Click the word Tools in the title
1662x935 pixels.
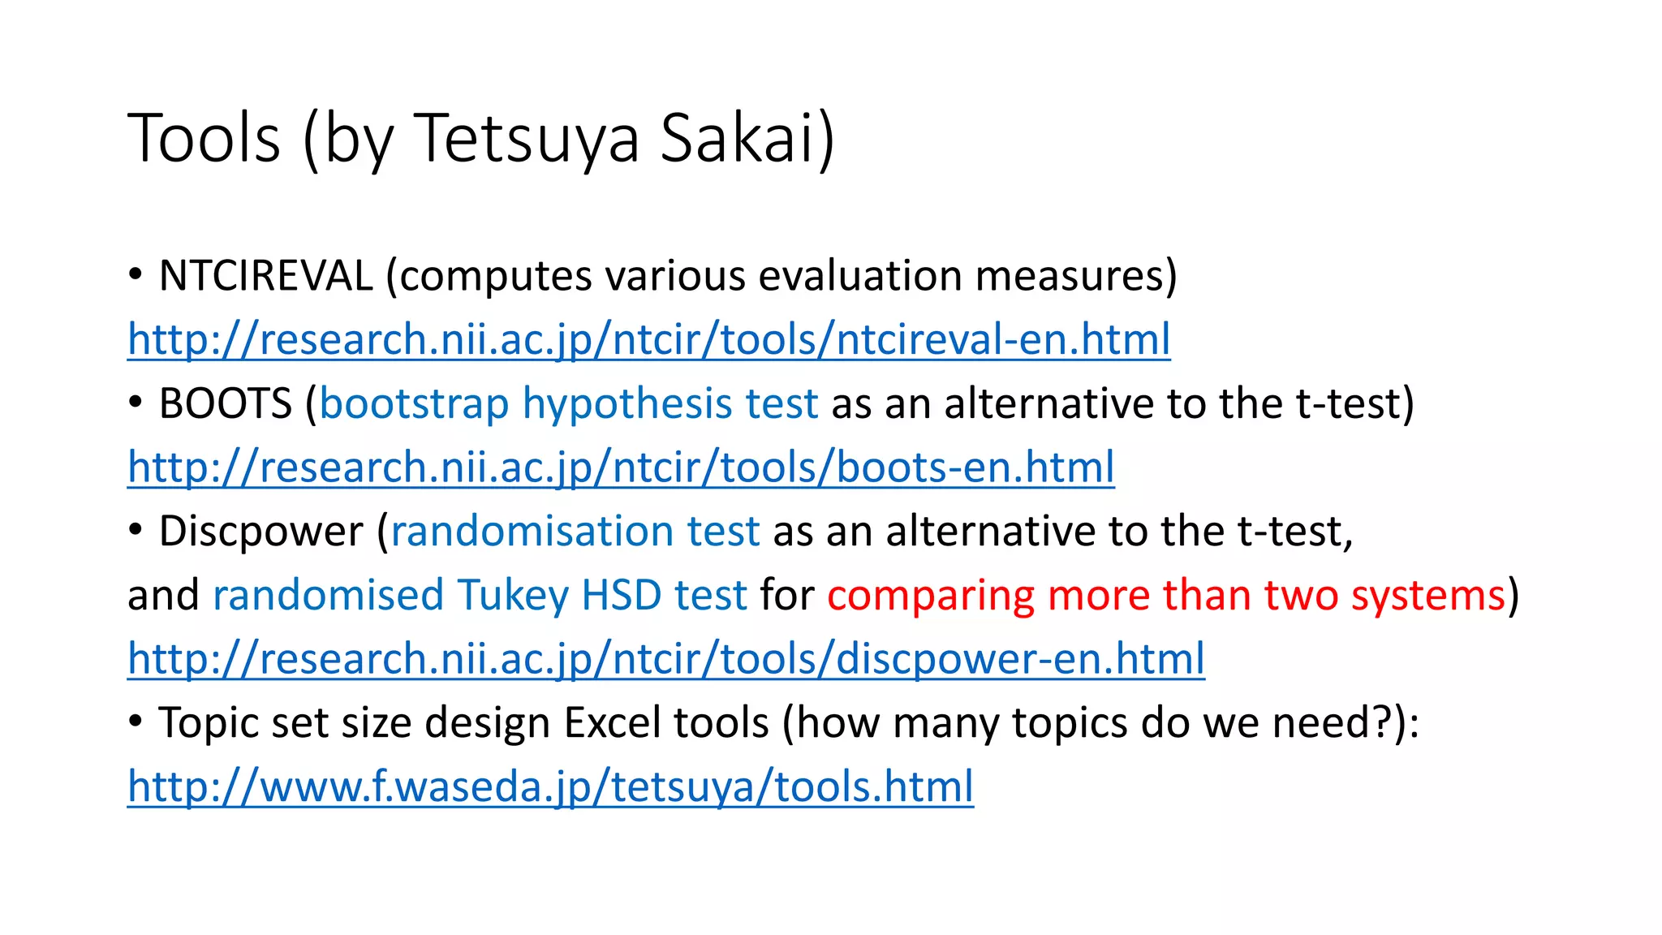204,138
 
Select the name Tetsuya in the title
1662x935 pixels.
527,138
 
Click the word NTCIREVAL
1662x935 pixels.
265,276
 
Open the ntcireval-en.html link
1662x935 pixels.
648,339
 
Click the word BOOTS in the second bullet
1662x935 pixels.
225,403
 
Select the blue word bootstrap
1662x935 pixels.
414,403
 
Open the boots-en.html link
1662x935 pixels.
621,467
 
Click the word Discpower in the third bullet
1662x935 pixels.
260,532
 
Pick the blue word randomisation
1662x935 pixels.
532,532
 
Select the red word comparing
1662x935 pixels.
930,595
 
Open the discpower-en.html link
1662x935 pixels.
665,658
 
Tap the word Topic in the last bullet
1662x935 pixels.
208,722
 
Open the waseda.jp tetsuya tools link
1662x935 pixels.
550,786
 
